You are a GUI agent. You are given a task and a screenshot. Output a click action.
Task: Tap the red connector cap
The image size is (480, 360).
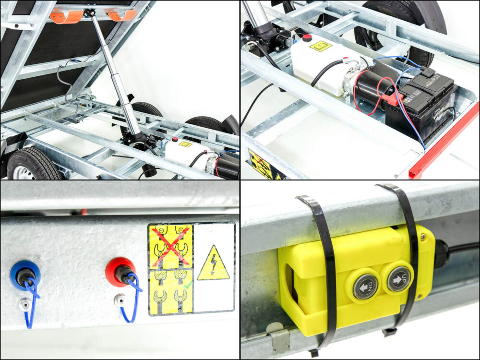(120, 271)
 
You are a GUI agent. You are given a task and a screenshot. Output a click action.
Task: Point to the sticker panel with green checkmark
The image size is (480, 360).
(170, 292)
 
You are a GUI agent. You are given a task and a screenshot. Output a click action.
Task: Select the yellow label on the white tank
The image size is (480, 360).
(321, 46)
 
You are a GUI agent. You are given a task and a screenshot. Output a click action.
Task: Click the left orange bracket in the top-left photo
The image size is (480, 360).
(66, 16)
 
